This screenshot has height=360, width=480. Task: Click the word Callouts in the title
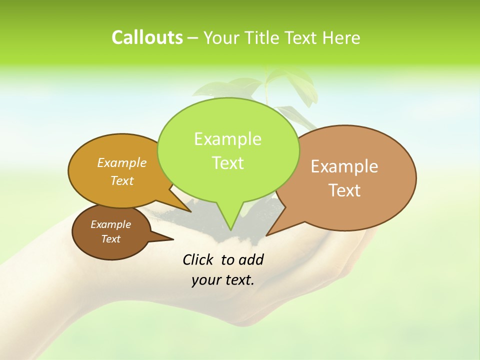point(147,37)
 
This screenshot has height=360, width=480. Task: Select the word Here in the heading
point(341,37)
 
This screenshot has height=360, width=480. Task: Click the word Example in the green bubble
point(227,139)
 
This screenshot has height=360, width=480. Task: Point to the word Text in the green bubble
point(227,163)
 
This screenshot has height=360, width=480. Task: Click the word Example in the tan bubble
point(344,166)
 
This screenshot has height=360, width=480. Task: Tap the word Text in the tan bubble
point(344,190)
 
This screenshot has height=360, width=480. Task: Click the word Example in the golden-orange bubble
point(122,163)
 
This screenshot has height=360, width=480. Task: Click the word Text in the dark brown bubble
point(110,239)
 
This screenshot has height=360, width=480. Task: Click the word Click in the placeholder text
point(198,259)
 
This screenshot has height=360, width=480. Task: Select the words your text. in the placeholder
point(223,280)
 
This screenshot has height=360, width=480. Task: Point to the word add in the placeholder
point(250,259)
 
